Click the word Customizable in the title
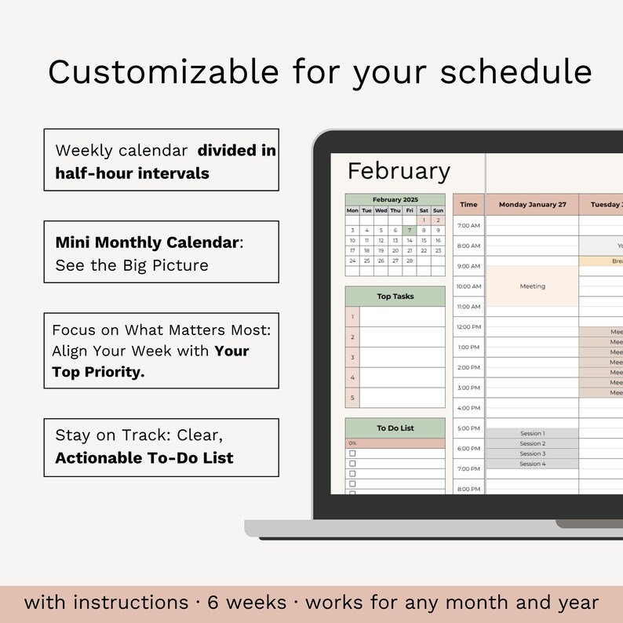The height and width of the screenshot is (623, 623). point(163,71)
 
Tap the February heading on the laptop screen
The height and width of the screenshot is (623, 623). point(399,171)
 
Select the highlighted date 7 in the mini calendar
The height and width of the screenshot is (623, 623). point(410,231)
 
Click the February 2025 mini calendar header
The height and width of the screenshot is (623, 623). point(395,200)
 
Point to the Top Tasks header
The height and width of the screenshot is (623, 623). point(395,297)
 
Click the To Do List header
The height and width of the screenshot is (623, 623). point(395,428)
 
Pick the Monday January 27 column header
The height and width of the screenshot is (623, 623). point(532,205)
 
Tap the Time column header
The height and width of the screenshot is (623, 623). point(468,205)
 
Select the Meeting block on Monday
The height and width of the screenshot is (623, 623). point(532,286)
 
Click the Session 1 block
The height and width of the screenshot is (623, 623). point(532,433)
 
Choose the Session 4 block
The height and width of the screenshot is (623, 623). point(532,464)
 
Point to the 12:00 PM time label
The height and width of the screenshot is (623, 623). point(468,327)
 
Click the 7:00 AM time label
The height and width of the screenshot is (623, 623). point(468,225)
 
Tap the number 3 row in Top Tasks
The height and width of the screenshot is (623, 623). point(353,357)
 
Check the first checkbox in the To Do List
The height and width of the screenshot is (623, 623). point(352,454)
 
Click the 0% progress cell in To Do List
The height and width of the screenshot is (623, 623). point(395,443)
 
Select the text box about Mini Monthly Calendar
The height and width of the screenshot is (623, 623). point(161,252)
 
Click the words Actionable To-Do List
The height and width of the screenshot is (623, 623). point(144,457)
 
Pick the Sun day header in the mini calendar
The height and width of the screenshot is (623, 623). point(438,210)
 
